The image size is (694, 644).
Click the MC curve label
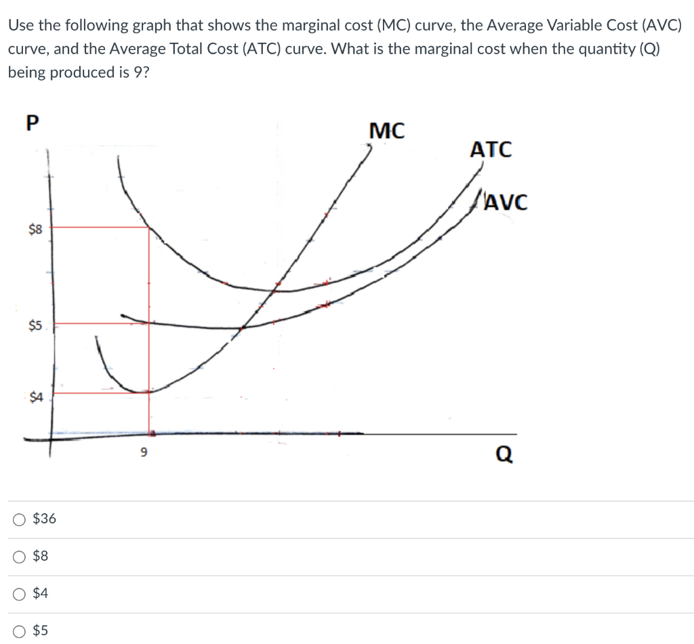[x=387, y=131]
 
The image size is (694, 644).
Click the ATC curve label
[x=491, y=150]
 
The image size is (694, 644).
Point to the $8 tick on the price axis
[x=35, y=230]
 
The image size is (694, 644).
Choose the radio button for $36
[x=20, y=520]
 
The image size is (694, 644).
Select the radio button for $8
[x=20, y=557]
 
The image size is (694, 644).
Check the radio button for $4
[x=20, y=594]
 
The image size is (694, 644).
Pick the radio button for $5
[x=20, y=631]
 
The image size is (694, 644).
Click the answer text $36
[x=45, y=519]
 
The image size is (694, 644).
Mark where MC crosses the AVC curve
[x=242, y=328]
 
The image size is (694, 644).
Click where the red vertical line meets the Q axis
[x=149, y=433]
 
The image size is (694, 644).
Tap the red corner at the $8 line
[x=149, y=227]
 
